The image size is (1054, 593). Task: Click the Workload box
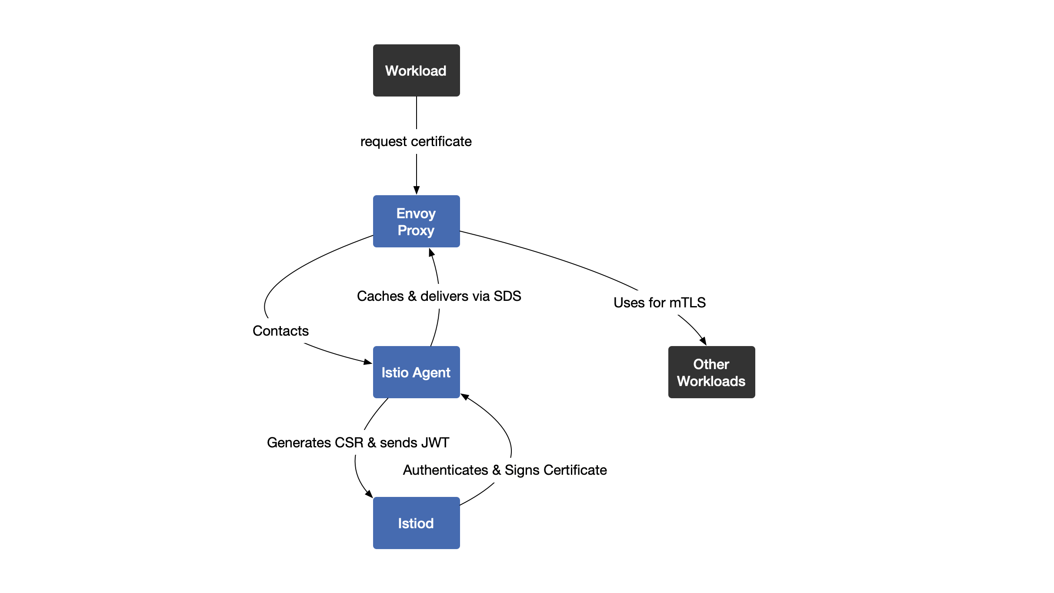pos(416,70)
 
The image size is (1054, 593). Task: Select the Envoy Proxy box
pos(416,221)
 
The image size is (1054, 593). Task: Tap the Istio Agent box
pos(416,372)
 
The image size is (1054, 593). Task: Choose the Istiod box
pos(416,523)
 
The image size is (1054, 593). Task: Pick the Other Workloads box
pos(711,372)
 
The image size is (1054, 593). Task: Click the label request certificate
pos(416,141)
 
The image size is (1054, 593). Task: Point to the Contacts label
pos(280,331)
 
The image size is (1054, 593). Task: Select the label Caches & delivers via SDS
pos(439,296)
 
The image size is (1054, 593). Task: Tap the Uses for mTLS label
pos(659,303)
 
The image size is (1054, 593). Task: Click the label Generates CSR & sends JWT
pos(358,443)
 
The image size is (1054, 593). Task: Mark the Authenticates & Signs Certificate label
pos(504,470)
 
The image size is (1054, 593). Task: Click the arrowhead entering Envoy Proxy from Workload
pos(417,190)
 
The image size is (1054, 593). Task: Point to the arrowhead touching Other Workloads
pos(703,341)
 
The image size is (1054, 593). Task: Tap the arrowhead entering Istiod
pos(369,494)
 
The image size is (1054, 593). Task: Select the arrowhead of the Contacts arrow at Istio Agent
pos(368,362)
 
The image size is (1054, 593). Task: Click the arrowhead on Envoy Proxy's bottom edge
pos(431,253)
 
